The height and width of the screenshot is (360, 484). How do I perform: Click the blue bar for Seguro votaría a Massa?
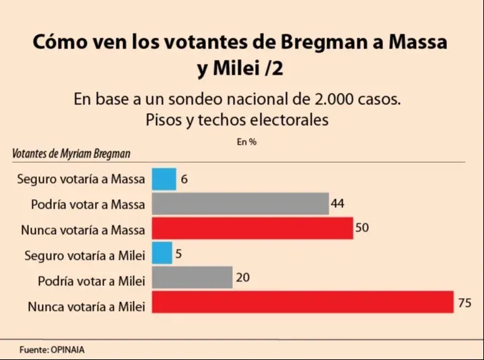point(164,179)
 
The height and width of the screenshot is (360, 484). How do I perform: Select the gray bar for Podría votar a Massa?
point(240,204)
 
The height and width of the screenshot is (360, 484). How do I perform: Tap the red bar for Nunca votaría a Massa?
point(252,229)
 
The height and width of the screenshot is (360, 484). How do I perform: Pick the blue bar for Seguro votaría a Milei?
point(162,254)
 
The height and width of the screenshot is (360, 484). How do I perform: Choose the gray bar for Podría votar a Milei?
point(192,278)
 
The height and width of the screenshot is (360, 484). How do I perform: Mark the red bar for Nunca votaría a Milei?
point(303,303)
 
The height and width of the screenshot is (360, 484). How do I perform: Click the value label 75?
point(464,303)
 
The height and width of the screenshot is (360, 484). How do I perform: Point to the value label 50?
point(362,228)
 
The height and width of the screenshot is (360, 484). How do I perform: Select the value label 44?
point(338,203)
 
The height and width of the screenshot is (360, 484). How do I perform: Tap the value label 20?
point(242,277)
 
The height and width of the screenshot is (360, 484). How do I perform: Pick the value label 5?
point(180,254)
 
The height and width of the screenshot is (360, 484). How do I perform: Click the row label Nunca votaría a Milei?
point(87,307)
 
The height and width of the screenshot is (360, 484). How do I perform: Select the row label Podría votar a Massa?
point(88,205)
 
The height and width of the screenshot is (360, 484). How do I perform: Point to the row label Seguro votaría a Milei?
point(85,256)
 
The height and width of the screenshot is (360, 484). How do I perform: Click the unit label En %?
point(246,142)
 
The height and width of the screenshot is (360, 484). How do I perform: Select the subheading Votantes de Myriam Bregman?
point(71,153)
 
